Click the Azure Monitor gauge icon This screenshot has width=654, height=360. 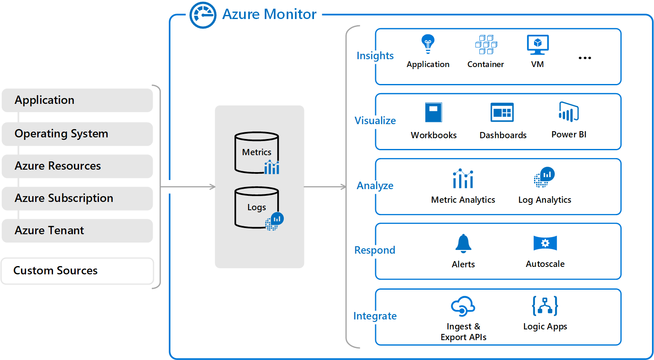coord(203,15)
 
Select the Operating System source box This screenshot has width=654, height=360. coord(77,134)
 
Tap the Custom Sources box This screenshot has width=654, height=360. coord(77,271)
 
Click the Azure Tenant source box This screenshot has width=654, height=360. coord(77,230)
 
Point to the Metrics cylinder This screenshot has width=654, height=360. coord(256,152)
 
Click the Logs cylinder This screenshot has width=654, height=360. coord(256,207)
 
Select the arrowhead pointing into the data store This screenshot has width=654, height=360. coord(213,187)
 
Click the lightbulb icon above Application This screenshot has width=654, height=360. coord(428,43)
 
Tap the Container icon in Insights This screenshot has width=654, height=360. coord(486,45)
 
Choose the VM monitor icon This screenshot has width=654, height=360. coord(537,45)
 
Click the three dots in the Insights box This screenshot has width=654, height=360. coord(585,58)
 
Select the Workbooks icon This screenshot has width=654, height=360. coord(434,112)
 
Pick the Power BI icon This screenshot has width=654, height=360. coord(569,112)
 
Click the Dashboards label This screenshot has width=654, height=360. coord(503,135)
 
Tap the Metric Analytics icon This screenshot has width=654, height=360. coord(463,179)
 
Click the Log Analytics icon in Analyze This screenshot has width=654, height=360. coord(544,177)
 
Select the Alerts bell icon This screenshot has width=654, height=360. coord(463,243)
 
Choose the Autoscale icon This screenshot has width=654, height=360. coord(545,243)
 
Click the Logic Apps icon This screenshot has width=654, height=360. coord(545,306)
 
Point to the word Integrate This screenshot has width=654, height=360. coord(375,316)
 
